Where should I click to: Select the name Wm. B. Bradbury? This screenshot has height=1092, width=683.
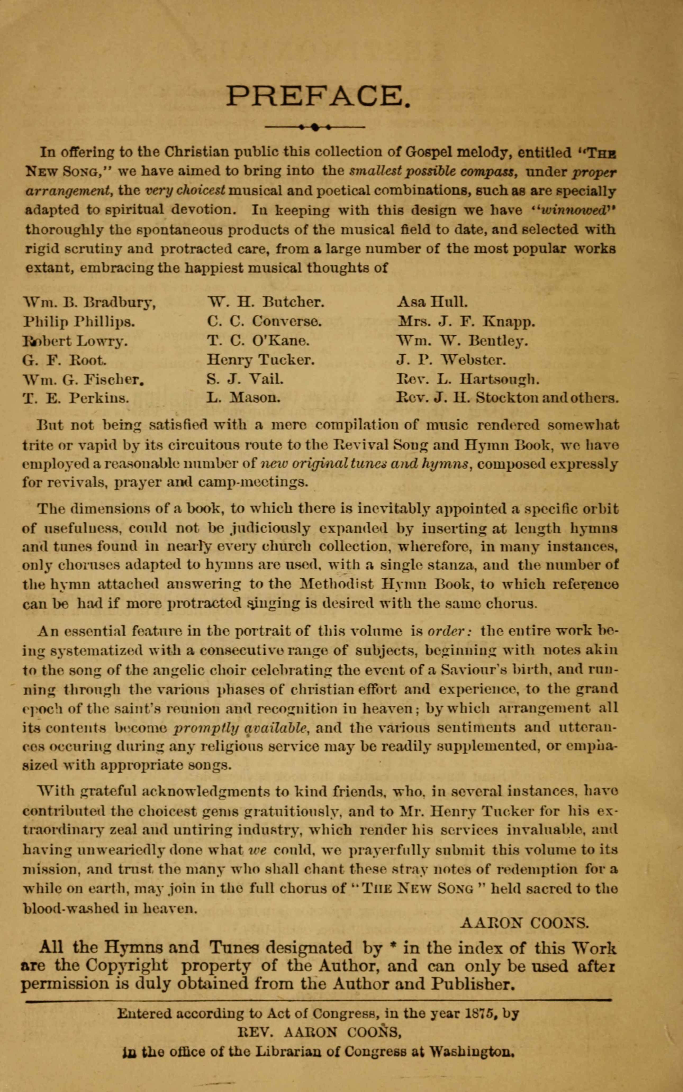click(x=89, y=301)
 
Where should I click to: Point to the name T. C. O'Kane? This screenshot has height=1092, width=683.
click(x=258, y=341)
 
